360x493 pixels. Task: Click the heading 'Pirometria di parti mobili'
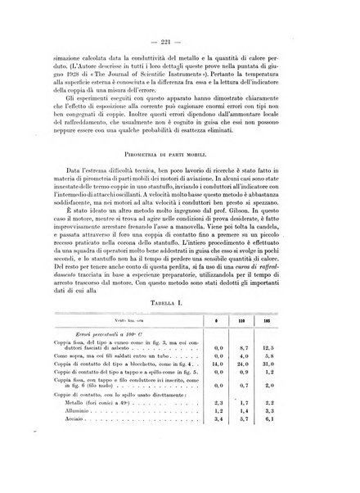tap(179, 172)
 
